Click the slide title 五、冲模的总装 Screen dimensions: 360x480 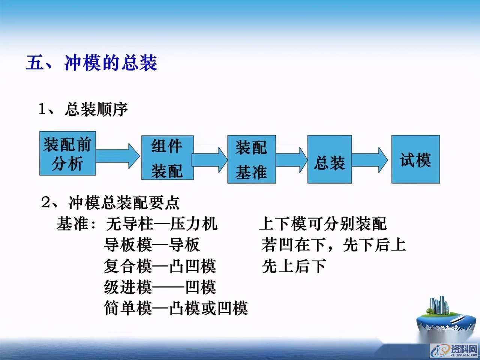click(92, 63)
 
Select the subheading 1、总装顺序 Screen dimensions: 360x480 click(83, 109)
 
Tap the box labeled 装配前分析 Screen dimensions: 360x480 click(67, 153)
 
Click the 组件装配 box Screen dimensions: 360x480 click(167, 158)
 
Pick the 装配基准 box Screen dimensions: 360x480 click(251, 159)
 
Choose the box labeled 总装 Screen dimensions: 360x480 click(330, 159)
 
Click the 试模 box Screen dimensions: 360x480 click(415, 159)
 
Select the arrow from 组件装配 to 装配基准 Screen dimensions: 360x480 click(210, 159)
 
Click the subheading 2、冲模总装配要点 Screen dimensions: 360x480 click(110, 203)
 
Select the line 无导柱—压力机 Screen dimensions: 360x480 click(162, 224)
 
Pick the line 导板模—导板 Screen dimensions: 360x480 click(152, 245)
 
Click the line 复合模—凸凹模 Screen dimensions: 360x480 click(160, 266)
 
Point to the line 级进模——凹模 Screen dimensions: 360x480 click(160, 288)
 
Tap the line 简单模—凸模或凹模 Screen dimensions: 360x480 click(176, 309)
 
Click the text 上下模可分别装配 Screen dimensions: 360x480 click(322, 224)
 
